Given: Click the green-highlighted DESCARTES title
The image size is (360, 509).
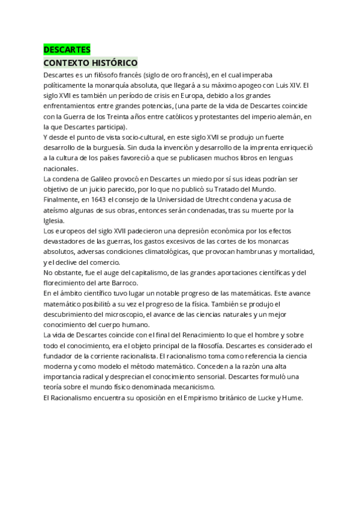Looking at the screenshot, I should point(67,50).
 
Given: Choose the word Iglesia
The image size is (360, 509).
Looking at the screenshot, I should point(55,220).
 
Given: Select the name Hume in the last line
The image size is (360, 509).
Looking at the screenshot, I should point(295,397).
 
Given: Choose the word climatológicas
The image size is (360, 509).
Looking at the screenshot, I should point(164,251).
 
